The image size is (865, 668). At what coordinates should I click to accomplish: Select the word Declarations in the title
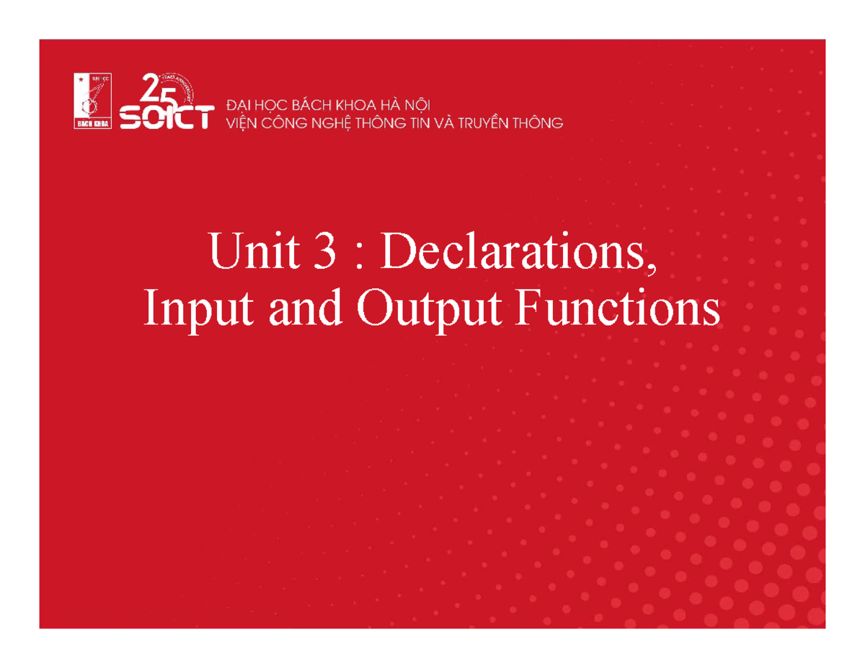click(513, 253)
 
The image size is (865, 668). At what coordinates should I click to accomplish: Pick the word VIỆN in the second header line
click(244, 123)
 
